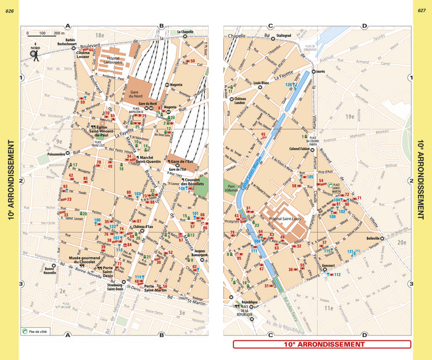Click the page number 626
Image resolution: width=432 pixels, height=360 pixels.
coord(9,9)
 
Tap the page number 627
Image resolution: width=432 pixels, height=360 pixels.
coord(422,9)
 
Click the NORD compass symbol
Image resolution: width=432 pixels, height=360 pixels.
coord(35,54)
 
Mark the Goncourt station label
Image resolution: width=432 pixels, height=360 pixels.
coord(328,267)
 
